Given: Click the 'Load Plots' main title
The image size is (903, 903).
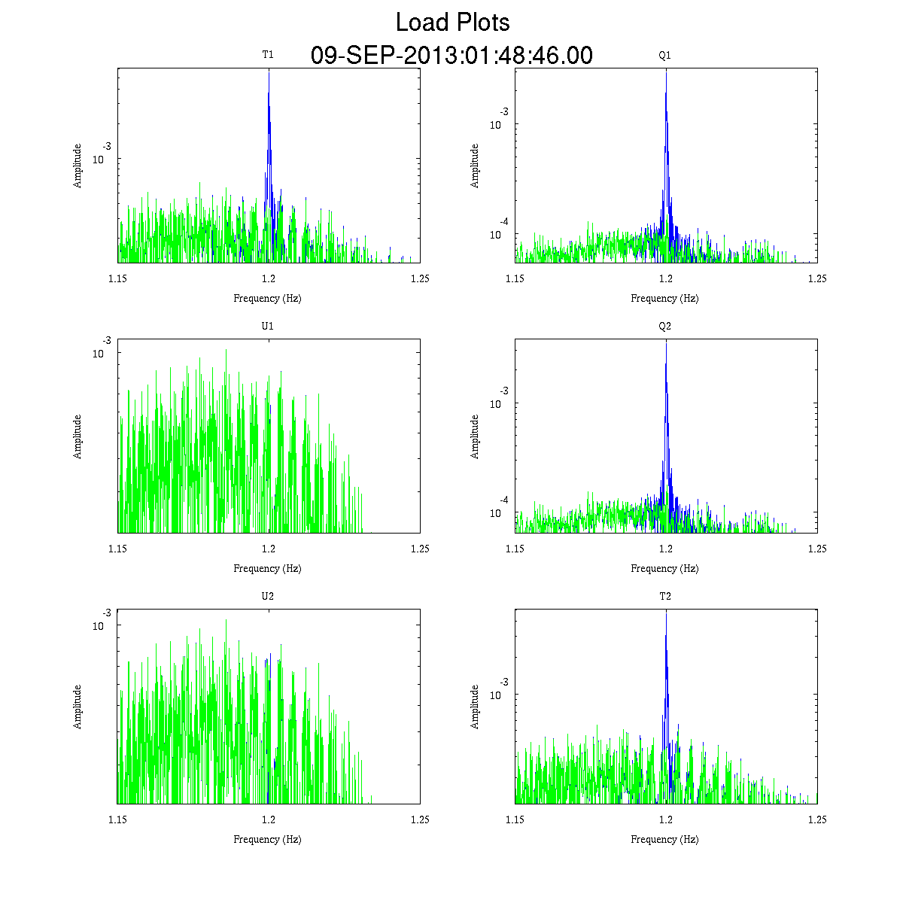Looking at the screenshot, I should [452, 23].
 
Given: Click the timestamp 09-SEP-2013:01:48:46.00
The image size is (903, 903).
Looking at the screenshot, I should [451, 56].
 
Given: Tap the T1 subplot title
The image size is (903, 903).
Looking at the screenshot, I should [268, 54].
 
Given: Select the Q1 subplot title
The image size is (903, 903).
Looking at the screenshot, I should [665, 55].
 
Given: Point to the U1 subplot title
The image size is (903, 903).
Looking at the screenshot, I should [268, 326].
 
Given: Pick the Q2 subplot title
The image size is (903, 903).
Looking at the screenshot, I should [665, 326].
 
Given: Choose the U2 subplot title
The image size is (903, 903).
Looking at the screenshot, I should [268, 596].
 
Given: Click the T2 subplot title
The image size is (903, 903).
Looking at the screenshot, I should [665, 596].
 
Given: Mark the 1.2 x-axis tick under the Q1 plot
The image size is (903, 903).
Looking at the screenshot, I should [666, 278].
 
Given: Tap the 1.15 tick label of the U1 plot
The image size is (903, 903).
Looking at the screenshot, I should [118, 549].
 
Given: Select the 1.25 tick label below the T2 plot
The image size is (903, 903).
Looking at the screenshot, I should [817, 819].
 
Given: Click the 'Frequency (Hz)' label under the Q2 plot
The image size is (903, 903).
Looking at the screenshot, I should [664, 569].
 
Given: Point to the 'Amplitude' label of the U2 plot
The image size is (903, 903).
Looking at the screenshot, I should [78, 707].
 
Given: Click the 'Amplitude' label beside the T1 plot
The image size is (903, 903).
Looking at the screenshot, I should [78, 166].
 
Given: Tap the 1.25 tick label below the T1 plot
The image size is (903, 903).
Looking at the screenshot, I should [420, 278].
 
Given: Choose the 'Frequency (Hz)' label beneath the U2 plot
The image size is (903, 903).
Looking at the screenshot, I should [267, 839].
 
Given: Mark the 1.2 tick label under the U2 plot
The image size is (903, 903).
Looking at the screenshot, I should [269, 819].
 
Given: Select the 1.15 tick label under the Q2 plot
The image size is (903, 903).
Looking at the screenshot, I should [515, 549].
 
